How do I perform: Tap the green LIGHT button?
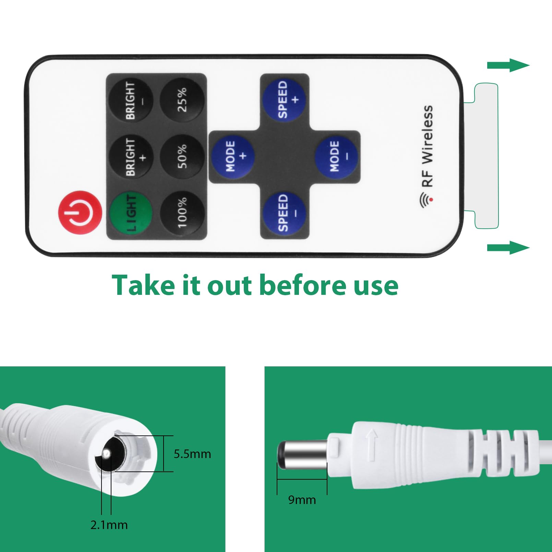click(130, 213)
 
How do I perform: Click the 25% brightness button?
click(182, 99)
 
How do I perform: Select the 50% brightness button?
click(182, 156)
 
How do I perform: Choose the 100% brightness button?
click(182, 213)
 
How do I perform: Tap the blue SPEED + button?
click(284, 99)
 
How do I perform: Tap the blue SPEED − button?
click(284, 213)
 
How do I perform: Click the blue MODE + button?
click(232, 156)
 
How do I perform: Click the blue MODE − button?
click(336, 156)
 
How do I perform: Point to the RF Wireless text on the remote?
click(428, 146)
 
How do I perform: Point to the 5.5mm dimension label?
click(192, 454)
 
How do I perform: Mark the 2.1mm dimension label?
click(109, 525)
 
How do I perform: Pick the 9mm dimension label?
click(302, 500)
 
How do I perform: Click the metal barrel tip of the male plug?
click(302, 455)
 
